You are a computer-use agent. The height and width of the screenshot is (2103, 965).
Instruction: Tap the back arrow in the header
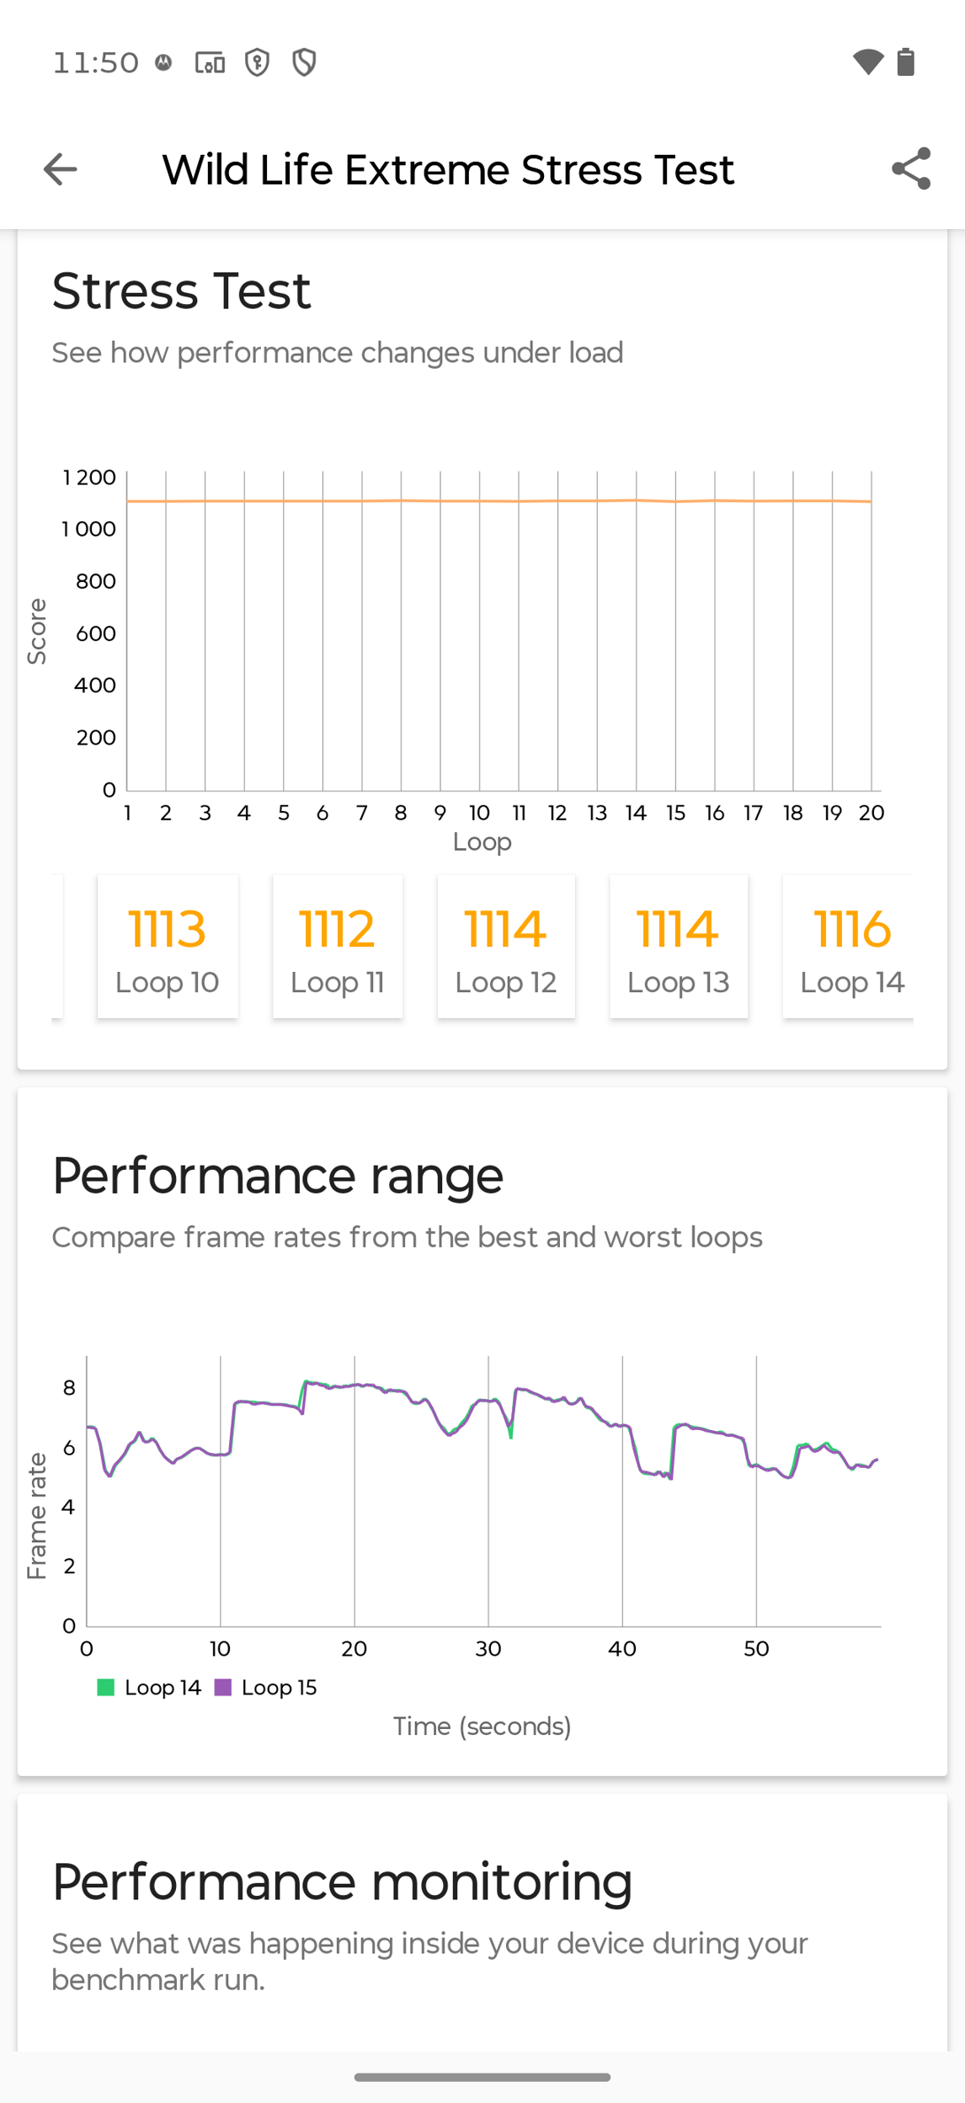pyautogui.click(x=60, y=169)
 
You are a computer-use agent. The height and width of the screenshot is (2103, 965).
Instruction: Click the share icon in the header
pyautogui.click(x=911, y=168)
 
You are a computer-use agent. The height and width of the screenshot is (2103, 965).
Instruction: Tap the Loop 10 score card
pyautogui.click(x=168, y=946)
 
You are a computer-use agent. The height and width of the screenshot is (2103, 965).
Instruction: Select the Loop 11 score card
pyautogui.click(x=338, y=946)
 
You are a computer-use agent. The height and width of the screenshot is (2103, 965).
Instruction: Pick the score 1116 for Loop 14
pyautogui.click(x=852, y=929)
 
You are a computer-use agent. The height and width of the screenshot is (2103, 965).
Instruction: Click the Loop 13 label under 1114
pyautogui.click(x=678, y=982)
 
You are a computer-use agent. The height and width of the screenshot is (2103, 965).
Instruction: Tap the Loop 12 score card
pyautogui.click(x=506, y=946)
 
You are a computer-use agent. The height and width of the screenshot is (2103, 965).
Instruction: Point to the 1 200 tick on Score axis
pyautogui.click(x=89, y=478)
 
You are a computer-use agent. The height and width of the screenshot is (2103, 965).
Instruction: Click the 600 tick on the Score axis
pyautogui.click(x=96, y=633)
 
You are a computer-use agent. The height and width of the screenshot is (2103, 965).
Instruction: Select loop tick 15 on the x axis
pyautogui.click(x=675, y=813)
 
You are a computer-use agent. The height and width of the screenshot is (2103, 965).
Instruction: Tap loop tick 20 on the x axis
pyautogui.click(x=872, y=813)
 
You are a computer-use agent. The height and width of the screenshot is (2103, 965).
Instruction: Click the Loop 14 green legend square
pyautogui.click(x=105, y=1687)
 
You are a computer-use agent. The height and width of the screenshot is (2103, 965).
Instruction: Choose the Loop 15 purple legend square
pyautogui.click(x=222, y=1687)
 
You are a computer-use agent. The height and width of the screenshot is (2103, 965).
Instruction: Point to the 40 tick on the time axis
pyautogui.click(x=622, y=1648)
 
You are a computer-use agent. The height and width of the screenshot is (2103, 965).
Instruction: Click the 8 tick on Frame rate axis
pyautogui.click(x=69, y=1387)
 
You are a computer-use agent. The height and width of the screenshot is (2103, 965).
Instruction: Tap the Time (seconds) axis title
pyautogui.click(x=482, y=1726)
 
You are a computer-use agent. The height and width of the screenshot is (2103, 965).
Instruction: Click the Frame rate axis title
pyautogui.click(x=36, y=1516)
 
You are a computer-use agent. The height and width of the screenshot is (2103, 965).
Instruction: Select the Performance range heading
pyautogui.click(x=278, y=1175)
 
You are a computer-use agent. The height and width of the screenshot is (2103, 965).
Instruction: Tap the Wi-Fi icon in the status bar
pyautogui.click(x=867, y=62)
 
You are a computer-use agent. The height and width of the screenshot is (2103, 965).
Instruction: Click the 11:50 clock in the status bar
pyautogui.click(x=96, y=62)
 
